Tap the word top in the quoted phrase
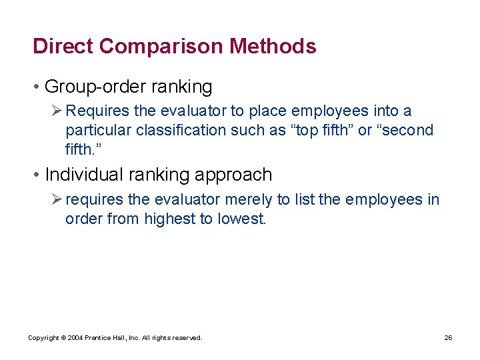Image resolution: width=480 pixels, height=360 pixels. coord(305,130)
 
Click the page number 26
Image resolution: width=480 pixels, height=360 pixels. coord(448,338)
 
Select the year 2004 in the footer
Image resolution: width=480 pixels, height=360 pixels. coord(73,338)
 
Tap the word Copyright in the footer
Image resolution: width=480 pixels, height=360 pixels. coord(42,338)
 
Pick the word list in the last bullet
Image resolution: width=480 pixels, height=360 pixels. coord(325,199)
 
